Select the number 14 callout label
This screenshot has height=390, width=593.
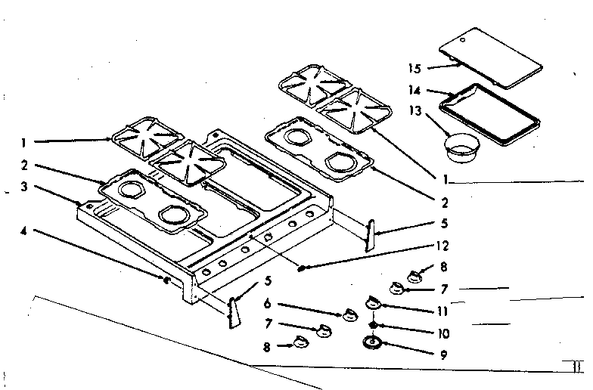click(414, 90)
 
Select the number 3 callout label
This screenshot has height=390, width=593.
click(26, 186)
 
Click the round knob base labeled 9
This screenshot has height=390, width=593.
click(372, 343)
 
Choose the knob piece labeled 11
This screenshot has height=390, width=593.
click(371, 302)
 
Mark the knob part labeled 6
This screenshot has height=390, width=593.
click(349, 314)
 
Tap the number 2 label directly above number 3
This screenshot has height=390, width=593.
click(26, 164)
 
